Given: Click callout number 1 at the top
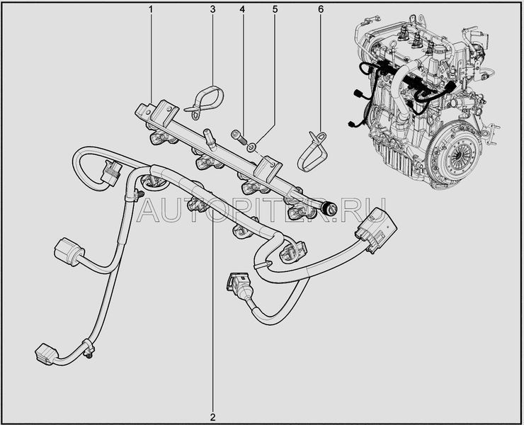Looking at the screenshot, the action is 151,9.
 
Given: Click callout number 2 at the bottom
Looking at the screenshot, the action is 213,417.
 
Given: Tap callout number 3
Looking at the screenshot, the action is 213,9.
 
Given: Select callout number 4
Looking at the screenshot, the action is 242,9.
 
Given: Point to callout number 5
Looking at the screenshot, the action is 275,9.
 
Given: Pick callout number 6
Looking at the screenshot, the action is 321,9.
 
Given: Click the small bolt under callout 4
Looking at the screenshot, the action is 239,136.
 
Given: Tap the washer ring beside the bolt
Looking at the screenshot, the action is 252,147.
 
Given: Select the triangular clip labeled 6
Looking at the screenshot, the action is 312,152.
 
